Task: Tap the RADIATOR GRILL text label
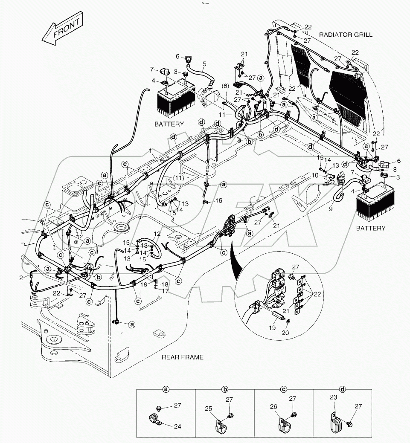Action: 347,35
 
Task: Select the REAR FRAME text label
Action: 182,357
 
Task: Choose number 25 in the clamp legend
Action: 209,408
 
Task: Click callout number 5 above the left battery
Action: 204,64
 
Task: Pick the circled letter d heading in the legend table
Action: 342,389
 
